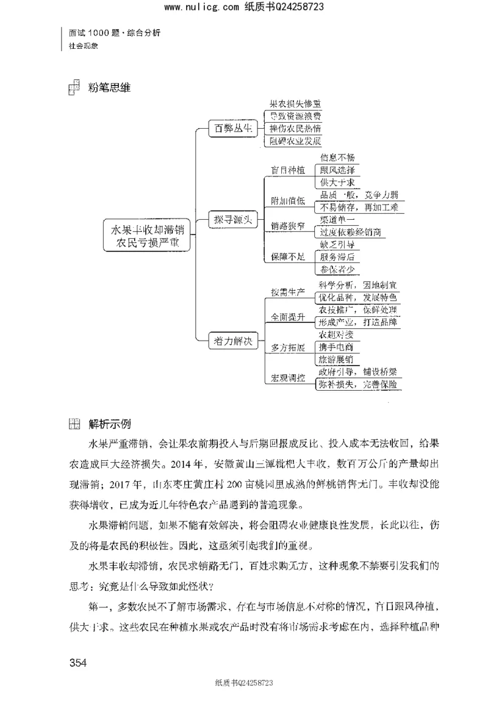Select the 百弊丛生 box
coord(230,128)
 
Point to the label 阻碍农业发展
coord(295,141)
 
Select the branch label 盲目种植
coord(289,170)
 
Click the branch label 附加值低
coord(289,201)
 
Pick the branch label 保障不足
coord(289,258)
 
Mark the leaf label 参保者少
coord(337,269)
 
